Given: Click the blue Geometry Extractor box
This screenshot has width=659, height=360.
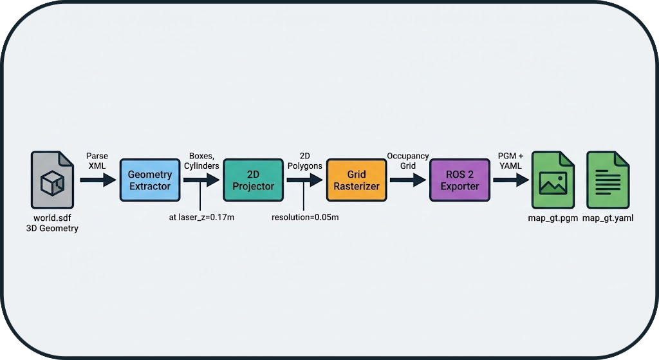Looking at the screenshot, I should (149, 180).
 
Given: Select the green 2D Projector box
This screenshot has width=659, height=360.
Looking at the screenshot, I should (253, 180).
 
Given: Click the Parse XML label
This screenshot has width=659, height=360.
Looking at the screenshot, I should (97, 161).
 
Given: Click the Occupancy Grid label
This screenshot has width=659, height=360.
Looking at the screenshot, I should (407, 161).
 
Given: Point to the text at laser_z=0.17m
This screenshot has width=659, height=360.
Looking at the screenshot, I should (201, 217).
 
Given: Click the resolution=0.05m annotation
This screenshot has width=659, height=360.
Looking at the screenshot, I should (305, 217).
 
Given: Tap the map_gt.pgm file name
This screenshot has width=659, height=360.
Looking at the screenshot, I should (552, 218).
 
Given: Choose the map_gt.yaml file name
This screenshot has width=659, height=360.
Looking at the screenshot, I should (608, 218).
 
